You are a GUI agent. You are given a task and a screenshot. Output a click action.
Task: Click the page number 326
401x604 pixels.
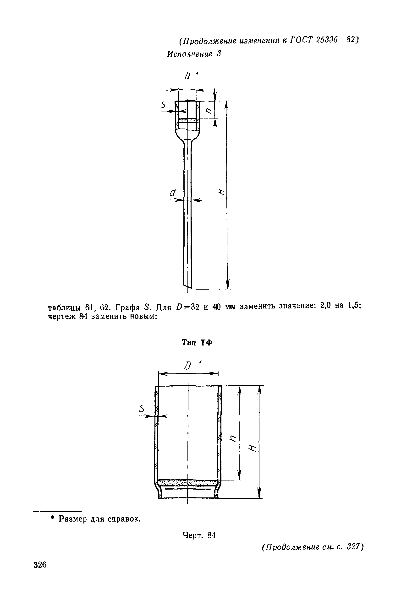click(40, 565)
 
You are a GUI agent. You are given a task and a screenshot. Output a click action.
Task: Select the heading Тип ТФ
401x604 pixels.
click(197, 343)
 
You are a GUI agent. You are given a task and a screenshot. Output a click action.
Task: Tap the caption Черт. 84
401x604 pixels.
click(199, 535)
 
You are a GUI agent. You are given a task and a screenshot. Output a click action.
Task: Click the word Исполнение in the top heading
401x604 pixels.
click(190, 54)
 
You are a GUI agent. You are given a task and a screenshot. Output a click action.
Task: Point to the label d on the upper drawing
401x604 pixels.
click(173, 193)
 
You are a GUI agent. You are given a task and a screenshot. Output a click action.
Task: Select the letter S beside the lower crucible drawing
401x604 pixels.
click(141, 409)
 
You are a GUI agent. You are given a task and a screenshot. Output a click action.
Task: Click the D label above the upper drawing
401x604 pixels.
click(188, 76)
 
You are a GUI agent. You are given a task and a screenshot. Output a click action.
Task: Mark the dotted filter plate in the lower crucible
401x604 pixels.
click(188, 483)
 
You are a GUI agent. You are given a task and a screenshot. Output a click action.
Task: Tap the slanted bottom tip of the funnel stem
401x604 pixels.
click(187, 285)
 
